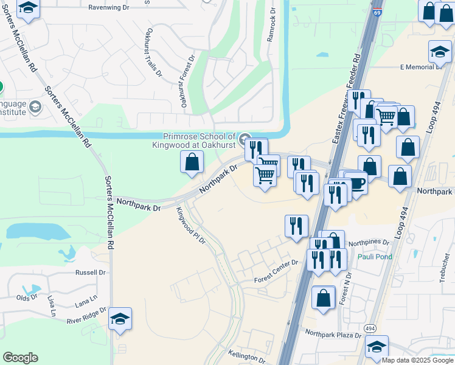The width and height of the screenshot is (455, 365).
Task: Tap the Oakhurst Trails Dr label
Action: tap(153, 52)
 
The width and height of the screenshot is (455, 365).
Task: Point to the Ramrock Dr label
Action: tap(271, 26)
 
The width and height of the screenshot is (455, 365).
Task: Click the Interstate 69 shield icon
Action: tap(378, 12)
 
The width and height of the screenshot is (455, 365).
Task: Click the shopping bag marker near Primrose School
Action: tap(192, 162)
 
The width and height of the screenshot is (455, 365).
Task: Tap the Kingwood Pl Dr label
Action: tap(192, 225)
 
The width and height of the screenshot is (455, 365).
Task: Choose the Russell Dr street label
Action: tap(91, 273)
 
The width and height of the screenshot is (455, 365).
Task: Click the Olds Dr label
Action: tap(26, 297)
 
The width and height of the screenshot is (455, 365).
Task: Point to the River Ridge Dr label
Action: tap(86, 315)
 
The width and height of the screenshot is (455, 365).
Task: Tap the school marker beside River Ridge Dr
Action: tap(120, 319)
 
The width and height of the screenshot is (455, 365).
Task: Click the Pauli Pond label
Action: tap(375, 257)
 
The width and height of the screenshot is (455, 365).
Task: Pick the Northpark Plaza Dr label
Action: tap(333, 333)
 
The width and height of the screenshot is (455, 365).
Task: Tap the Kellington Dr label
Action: tap(247, 356)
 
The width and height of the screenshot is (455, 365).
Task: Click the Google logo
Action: tap(20, 358)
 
